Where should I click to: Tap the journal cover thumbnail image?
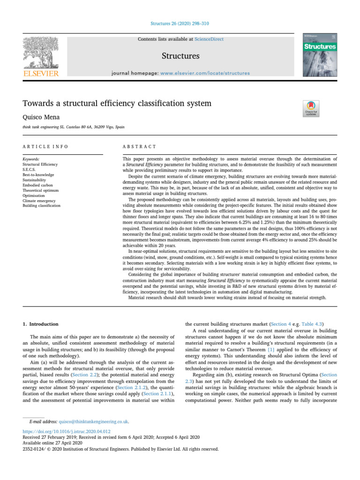click(x=321, y=54)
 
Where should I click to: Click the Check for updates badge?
click(x=312, y=107)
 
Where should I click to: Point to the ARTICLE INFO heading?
click(x=45, y=147)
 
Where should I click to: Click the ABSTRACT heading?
click(x=139, y=147)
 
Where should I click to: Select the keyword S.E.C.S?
click(x=30, y=170)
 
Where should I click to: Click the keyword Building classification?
click(x=41, y=206)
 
